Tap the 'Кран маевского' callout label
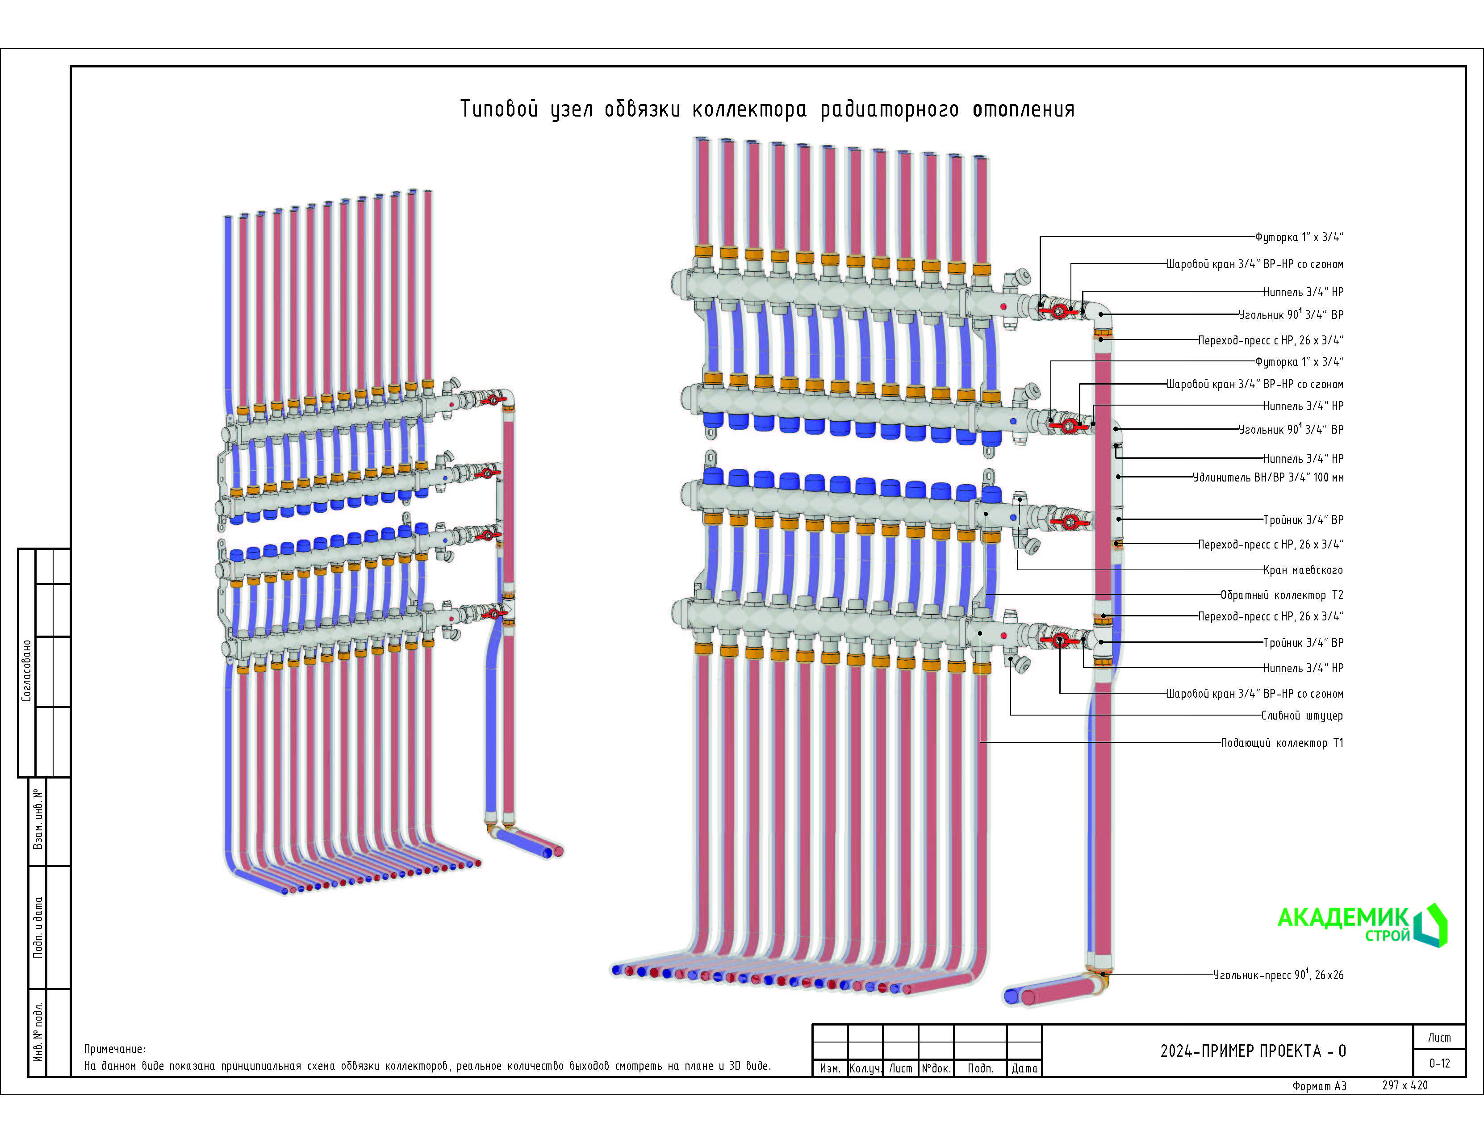(x=1303, y=570)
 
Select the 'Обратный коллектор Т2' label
(x=1282, y=595)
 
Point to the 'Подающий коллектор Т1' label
(x=1282, y=743)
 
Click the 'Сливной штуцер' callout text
(x=1302, y=716)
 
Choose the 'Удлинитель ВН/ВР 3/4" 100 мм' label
(x=1268, y=478)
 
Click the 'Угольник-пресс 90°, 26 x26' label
(x=1278, y=975)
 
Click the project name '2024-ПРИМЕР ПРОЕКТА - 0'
(x=1252, y=1051)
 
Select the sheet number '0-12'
(x=1439, y=1063)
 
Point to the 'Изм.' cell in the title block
(x=830, y=1069)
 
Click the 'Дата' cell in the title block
(x=1024, y=1069)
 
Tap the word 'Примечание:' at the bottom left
(x=114, y=1049)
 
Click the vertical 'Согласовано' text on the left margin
(x=26, y=671)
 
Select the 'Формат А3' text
(x=1319, y=1086)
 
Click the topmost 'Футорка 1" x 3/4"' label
(x=1299, y=237)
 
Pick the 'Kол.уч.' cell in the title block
(x=865, y=1069)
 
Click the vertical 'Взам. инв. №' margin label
(x=38, y=819)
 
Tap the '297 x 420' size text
(x=1405, y=1085)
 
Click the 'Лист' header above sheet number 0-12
(x=1439, y=1038)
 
